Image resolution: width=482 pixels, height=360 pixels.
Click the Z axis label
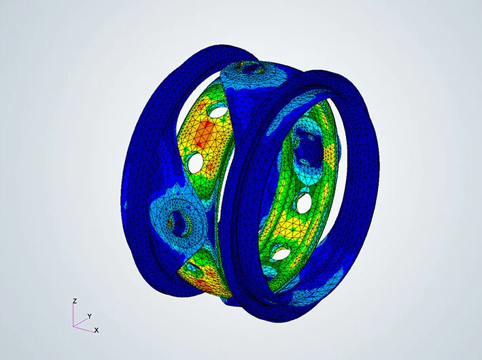coord(74,301)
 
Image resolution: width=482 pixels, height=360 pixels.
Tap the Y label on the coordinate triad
coord(90,316)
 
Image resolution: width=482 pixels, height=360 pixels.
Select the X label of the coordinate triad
coord(97,330)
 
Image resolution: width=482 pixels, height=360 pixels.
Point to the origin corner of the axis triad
coord(73,326)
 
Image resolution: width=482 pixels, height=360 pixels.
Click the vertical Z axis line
coord(73,315)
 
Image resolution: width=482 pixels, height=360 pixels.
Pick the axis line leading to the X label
coord(84,329)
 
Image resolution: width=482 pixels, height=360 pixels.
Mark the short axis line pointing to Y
coord(80,322)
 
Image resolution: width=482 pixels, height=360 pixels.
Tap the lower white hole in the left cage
coord(196,162)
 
